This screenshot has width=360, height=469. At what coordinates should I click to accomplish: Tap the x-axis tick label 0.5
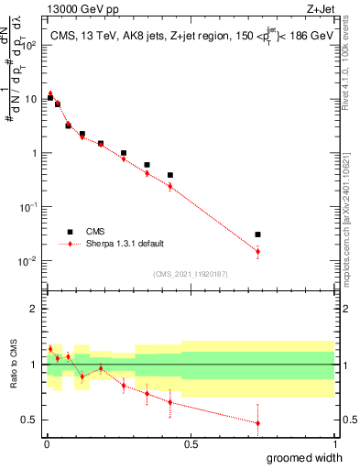pos(190,444)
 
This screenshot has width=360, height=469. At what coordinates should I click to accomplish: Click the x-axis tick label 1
pos(333,444)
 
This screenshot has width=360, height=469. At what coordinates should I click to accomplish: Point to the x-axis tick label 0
pos(46,444)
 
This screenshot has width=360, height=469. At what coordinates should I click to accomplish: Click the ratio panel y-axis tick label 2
pos(34,309)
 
